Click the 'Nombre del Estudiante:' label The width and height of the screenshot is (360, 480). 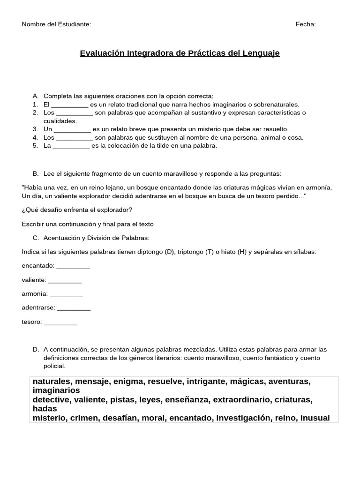56,24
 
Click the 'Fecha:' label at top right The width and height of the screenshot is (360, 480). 306,24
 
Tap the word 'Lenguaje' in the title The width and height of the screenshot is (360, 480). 261,53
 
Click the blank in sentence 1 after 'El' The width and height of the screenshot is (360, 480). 69,105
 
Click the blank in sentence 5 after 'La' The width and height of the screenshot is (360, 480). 71,146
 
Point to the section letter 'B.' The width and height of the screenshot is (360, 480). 36,173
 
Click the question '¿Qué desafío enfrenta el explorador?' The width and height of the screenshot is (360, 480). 77,210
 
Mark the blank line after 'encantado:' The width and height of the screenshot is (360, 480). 73,266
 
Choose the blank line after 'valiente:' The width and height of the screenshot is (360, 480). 65,280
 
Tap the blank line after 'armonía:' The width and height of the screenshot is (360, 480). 67,294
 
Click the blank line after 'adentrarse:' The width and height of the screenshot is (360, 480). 74,308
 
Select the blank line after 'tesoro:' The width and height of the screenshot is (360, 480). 60,322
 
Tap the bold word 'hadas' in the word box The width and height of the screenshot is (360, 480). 45,409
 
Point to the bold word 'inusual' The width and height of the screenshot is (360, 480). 315,418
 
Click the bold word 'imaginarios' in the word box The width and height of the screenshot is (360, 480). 56,390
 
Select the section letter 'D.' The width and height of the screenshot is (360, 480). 36,350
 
